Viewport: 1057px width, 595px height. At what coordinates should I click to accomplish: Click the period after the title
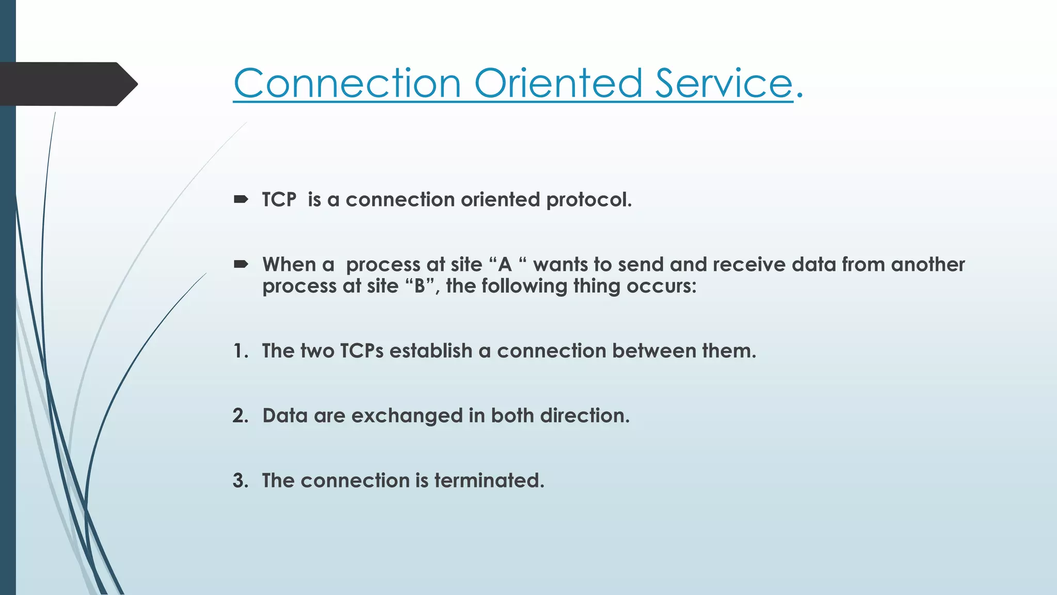point(799,95)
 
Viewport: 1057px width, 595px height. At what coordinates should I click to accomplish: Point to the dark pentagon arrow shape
point(67,84)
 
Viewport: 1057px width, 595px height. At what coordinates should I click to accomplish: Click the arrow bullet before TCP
point(241,199)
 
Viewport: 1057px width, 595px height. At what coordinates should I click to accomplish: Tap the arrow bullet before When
point(241,264)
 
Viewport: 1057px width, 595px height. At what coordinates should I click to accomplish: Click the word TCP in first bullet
point(279,199)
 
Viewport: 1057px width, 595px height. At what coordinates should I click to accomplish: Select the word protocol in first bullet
point(588,200)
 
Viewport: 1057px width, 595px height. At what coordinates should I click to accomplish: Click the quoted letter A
point(505,264)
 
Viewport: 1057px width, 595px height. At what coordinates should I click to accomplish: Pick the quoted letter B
point(420,286)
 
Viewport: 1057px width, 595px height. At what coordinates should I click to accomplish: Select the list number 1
point(239,351)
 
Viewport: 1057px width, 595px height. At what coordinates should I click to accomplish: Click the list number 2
point(240,416)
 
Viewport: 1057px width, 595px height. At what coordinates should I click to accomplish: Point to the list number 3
point(240,480)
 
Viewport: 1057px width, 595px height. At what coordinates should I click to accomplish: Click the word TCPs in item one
point(361,351)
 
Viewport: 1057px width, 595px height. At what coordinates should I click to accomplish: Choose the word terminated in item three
point(489,480)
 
